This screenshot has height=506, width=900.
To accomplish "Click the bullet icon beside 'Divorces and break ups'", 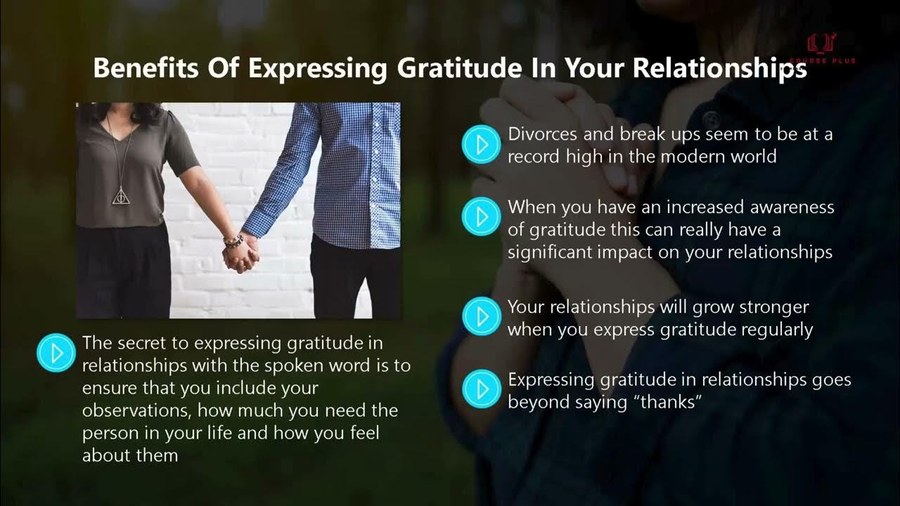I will [481, 145].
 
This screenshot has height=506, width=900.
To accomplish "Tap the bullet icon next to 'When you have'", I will [481, 217].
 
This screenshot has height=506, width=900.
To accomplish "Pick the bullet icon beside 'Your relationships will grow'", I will [481, 317].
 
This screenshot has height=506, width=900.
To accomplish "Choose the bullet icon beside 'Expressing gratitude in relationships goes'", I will [481, 389].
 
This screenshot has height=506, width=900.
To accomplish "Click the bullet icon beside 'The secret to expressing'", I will [56, 352].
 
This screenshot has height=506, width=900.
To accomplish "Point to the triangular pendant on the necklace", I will [122, 196].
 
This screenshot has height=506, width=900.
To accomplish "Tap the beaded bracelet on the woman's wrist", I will [233, 241].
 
